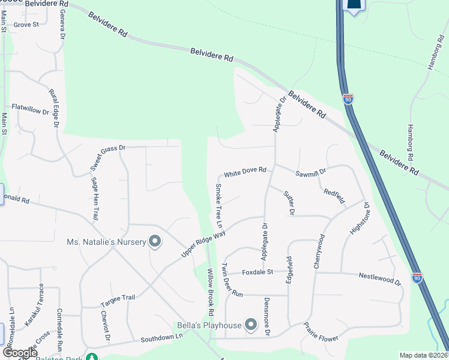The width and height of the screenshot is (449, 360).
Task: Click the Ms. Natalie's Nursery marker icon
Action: (x=155, y=242)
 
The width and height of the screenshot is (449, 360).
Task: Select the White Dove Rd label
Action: (x=245, y=173)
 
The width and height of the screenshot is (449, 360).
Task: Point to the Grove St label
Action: (x=26, y=25)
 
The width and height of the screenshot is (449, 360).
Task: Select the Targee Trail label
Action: (x=119, y=297)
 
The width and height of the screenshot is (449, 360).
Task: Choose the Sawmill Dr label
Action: (x=310, y=172)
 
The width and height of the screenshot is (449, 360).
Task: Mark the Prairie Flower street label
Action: (x=321, y=333)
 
